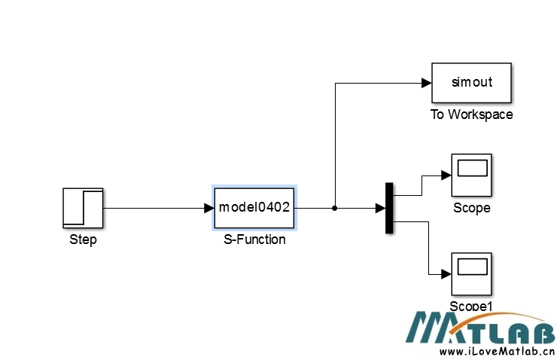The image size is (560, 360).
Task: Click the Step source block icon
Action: pos(82,208)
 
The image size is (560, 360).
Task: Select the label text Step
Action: pos(83,240)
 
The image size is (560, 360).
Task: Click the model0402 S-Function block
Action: pos(254,207)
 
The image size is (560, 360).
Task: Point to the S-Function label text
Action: pos(254,239)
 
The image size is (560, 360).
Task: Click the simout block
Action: pos(471,82)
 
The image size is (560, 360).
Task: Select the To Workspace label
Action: pos(471,114)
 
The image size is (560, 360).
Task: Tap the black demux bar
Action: pos(389,208)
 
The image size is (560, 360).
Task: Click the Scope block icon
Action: pos(471,175)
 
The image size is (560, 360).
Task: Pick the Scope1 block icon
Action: pos(471,274)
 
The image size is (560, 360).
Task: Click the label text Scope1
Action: pos(471,306)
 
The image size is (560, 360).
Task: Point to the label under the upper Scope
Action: pos(471,208)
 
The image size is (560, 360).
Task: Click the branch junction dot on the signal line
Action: pos(334,208)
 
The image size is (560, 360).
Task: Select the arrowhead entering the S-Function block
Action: pos(208,208)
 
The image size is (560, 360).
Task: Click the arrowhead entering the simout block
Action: pos(425,82)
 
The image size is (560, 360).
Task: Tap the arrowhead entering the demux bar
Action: pos(380,208)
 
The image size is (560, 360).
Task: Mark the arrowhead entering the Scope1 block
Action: pos(445,274)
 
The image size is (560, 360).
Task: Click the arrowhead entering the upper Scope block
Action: pos(445,175)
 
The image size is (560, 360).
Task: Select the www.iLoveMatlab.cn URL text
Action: pos(497,351)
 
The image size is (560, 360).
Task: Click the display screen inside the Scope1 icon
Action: pos(471,267)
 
